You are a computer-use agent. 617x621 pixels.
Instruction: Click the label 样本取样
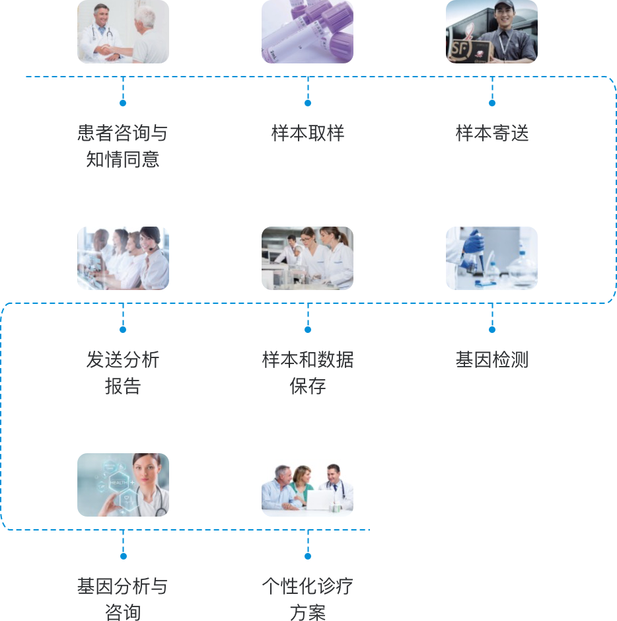pos(308,133)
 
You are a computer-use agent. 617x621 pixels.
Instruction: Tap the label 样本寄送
pos(492,133)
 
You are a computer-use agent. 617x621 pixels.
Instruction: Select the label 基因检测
pos(492,359)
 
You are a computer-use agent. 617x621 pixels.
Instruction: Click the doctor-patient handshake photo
pos(123,32)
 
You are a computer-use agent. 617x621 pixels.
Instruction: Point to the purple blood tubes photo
pos(307,32)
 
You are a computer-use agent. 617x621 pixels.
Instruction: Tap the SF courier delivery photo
pos(492,32)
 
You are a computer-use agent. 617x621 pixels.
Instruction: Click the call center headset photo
pos(123,258)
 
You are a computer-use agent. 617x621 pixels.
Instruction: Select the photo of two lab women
pos(307,258)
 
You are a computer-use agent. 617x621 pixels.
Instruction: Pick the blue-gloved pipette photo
pos(492,258)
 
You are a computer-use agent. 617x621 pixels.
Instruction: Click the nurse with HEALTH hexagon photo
pos(123,485)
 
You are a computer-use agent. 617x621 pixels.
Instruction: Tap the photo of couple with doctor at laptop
pos(307,489)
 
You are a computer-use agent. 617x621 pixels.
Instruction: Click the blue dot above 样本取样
pos(308,103)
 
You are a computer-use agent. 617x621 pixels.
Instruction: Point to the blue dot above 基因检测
pos(492,330)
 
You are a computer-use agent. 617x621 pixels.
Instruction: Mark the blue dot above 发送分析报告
pos(123,330)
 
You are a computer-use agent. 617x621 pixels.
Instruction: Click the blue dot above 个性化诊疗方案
pos(308,556)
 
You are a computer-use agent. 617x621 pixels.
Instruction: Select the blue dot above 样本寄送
pos(492,103)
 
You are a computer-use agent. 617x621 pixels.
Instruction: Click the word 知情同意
pos(123,160)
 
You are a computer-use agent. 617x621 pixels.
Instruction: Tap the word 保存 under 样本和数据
pos(308,386)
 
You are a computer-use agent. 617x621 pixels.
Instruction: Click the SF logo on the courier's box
pos(460,49)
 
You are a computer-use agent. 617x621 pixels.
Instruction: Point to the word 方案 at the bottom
pos(308,612)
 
